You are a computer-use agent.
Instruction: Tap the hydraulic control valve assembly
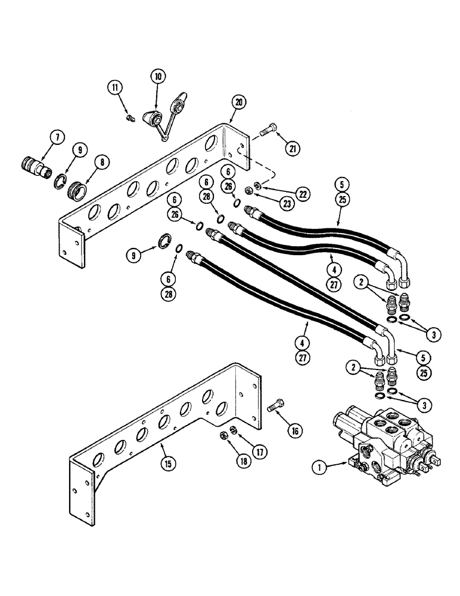[x=387, y=441]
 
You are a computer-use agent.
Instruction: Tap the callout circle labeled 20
[x=238, y=102]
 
